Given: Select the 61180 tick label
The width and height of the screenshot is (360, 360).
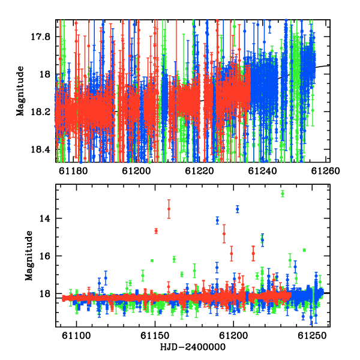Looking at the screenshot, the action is click(x=73, y=171).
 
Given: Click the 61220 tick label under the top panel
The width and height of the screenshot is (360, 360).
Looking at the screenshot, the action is click(x=199, y=171).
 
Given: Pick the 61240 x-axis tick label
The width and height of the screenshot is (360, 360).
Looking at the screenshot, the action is click(x=262, y=171).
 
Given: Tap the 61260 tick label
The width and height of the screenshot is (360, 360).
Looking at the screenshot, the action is click(x=325, y=171).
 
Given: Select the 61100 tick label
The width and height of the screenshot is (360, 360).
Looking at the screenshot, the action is click(x=76, y=335).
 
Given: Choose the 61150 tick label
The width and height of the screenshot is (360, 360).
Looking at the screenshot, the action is click(x=155, y=335).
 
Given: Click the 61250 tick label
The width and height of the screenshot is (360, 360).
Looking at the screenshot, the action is click(x=312, y=335).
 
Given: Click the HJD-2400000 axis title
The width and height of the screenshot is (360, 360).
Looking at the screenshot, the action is click(x=193, y=347).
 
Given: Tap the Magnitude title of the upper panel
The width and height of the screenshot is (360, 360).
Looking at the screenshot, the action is click(x=20, y=91).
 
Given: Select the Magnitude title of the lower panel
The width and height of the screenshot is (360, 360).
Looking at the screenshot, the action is click(x=29, y=256).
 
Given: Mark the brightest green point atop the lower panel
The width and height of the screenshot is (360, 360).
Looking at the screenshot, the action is click(x=283, y=194).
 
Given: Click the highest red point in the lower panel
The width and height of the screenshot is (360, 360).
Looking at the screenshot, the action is click(x=169, y=209).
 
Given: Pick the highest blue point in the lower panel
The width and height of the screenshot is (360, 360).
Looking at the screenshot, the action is click(x=238, y=209).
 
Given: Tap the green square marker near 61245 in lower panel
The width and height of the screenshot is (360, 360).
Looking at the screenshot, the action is click(x=304, y=250).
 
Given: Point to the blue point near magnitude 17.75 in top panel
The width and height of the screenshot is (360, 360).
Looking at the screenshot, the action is click(x=270, y=27).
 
